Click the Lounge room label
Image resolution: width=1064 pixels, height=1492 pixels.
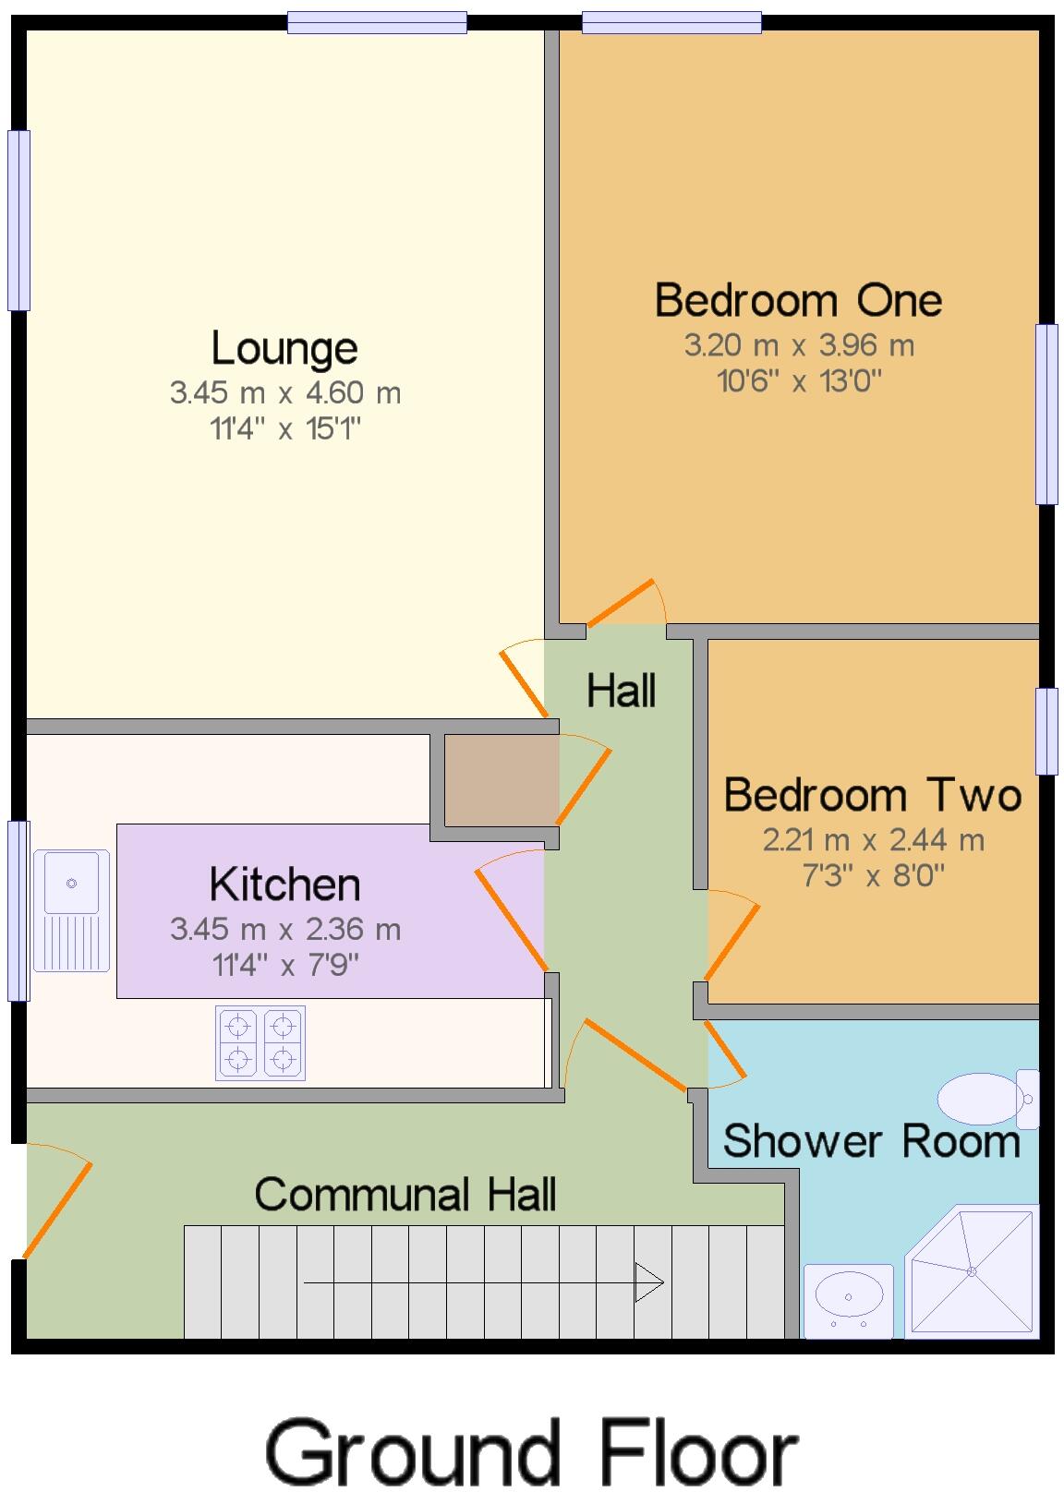(x=284, y=348)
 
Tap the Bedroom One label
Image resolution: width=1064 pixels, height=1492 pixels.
(x=798, y=300)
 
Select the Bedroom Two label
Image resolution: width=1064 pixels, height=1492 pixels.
(x=872, y=795)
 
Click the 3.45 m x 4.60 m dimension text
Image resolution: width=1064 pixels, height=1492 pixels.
(x=285, y=392)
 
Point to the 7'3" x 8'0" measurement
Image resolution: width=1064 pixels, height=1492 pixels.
(x=873, y=874)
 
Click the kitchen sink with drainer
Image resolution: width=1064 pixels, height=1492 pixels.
(x=71, y=910)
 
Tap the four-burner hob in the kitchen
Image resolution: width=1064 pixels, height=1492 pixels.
(x=260, y=1042)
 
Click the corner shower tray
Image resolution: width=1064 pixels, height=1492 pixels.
(x=972, y=1271)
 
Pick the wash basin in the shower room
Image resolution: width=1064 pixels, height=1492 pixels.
(x=848, y=1299)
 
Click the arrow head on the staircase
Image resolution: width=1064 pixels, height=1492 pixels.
(x=649, y=1282)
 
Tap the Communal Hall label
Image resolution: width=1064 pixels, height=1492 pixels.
(x=405, y=1195)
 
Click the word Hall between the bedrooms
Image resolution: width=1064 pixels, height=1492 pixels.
(x=621, y=691)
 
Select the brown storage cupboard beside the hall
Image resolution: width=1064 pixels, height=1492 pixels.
(x=502, y=780)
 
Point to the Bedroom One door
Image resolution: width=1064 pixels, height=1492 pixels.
(x=623, y=602)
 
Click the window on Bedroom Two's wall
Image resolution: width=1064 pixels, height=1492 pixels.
(x=1046, y=730)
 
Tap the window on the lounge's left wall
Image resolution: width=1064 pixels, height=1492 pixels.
(x=18, y=220)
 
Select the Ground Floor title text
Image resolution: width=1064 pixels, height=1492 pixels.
(x=531, y=1452)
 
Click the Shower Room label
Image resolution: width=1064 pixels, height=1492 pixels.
(x=871, y=1141)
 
